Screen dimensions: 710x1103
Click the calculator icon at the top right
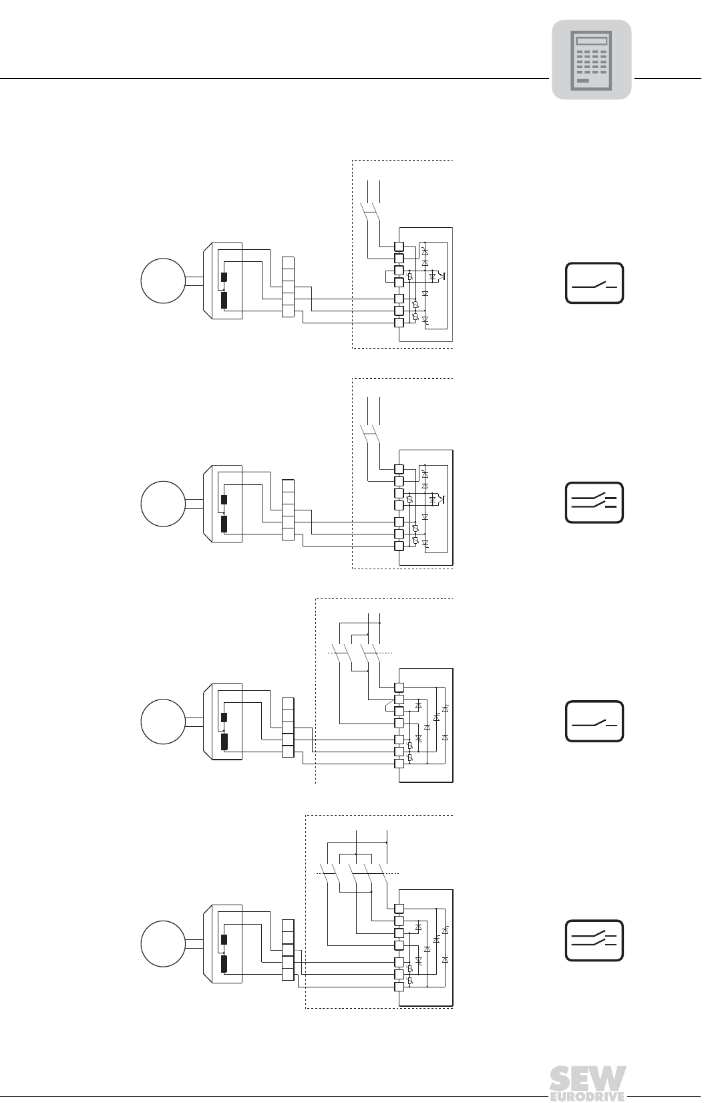pos(591,59)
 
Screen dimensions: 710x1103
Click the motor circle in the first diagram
pos(163,281)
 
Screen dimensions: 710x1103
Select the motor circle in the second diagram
pos(163,504)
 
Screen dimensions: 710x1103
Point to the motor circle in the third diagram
pos(163,722)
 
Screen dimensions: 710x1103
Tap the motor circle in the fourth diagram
pos(163,943)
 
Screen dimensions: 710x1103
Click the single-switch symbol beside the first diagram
pos(594,283)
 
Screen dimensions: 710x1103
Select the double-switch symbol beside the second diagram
pos(594,502)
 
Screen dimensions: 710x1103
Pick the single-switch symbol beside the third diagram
pos(594,721)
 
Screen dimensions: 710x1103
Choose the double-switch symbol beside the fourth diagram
pos(594,940)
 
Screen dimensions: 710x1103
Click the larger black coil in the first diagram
pos(224,301)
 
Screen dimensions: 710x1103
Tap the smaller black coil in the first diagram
pos(224,277)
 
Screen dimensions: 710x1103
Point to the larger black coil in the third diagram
pos(224,742)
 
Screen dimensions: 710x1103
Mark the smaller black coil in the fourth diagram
pos(224,939)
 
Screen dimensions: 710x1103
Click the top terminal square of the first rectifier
pos(399,247)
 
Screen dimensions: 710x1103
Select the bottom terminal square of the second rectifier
pos(399,546)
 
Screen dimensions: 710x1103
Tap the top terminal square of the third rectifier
pos(399,687)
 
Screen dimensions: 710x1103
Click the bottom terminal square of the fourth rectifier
pos(399,986)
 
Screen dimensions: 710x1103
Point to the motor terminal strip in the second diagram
pos(288,510)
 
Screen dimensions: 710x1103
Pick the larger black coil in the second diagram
pos(224,523)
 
